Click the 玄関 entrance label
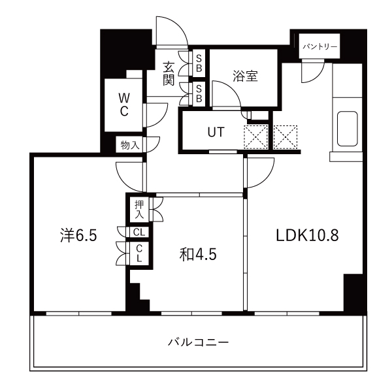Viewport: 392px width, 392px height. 169,73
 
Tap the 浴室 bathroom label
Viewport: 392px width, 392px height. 245,76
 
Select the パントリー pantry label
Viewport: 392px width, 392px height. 319,47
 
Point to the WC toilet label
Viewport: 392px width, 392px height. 123,105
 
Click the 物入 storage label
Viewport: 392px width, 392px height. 129,145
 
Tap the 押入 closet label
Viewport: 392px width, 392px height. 139,209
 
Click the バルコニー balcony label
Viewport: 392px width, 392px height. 198,342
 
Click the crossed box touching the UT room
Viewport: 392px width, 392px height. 256,137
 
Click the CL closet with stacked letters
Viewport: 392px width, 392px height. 139,252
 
